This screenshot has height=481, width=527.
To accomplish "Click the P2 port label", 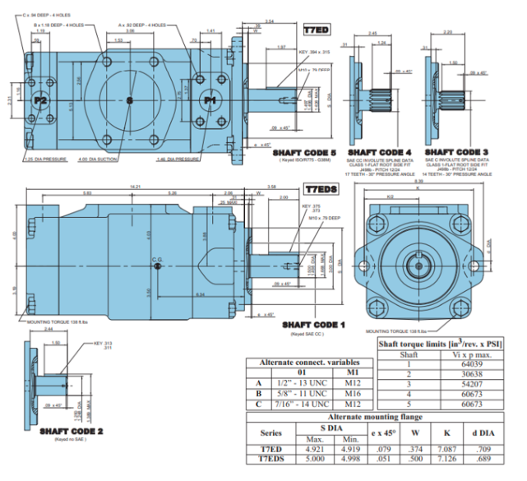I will (42, 100).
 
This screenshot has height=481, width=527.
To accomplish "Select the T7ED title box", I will (315, 30).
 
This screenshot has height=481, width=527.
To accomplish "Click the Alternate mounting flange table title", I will (375, 418).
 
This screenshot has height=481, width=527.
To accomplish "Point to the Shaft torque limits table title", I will (441, 343).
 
